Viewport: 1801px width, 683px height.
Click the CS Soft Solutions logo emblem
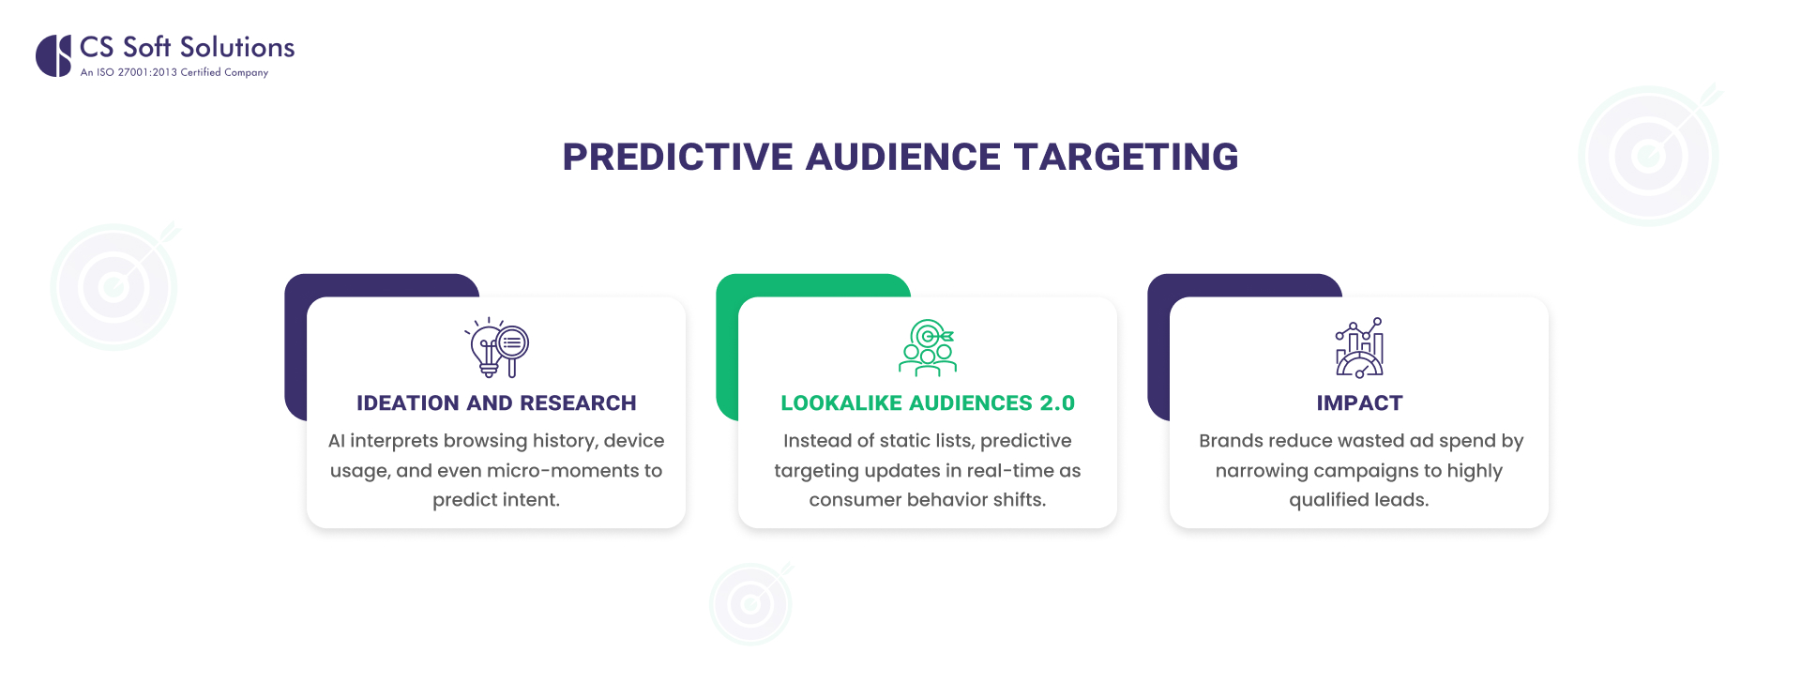point(53,55)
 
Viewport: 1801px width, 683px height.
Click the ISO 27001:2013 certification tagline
point(174,72)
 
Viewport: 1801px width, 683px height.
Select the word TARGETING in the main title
point(1126,157)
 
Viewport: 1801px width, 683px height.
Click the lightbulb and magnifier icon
point(497,347)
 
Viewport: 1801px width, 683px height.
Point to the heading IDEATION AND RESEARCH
point(496,402)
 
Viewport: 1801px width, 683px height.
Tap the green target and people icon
point(928,347)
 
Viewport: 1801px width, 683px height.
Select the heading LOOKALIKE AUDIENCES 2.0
point(927,402)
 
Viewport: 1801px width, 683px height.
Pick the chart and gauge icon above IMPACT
point(1359,347)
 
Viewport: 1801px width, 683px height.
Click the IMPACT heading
point(1359,402)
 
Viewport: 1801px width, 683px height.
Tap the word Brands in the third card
point(1230,441)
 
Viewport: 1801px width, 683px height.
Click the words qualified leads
point(1358,500)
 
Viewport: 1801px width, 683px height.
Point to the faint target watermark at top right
point(1649,155)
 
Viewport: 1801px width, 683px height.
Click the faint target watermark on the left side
point(114,286)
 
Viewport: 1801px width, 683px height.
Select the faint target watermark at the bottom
point(750,603)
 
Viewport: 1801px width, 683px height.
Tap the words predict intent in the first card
point(495,500)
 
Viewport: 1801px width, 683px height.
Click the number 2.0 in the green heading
point(1057,402)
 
